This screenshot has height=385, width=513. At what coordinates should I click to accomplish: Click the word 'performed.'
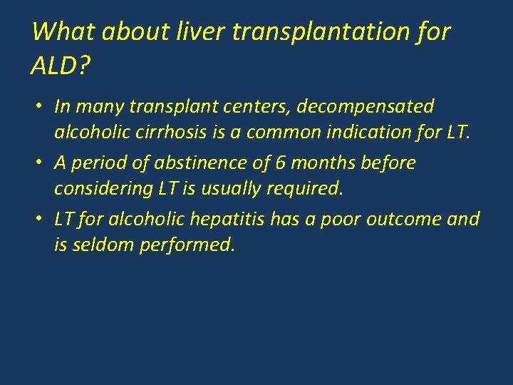(x=192, y=245)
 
